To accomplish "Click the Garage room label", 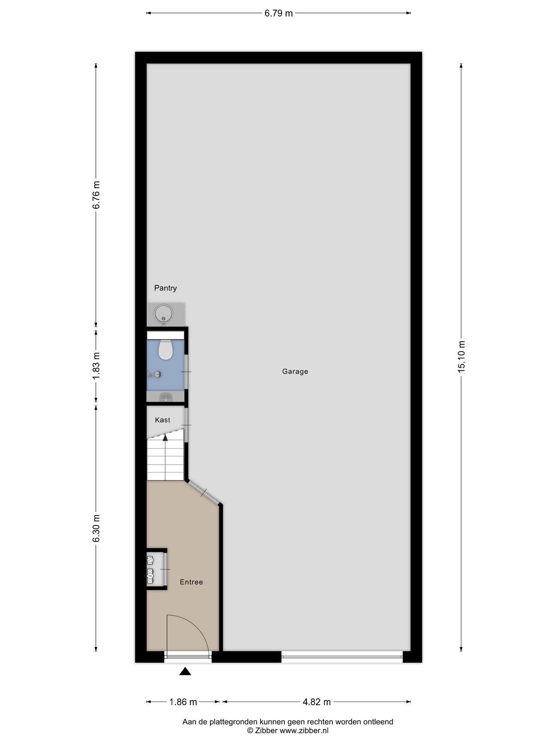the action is (x=295, y=371).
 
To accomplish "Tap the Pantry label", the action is (x=165, y=288).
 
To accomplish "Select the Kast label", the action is (x=162, y=420).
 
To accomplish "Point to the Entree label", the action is (x=191, y=582).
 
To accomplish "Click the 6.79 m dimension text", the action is (x=278, y=13).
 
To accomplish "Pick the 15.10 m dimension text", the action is (x=461, y=357).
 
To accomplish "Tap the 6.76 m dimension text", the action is (x=96, y=195).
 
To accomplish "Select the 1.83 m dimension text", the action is (x=96, y=366).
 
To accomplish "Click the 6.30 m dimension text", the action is (x=96, y=528).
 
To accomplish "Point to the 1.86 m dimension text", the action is (x=183, y=702).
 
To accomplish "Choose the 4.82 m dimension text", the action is (x=317, y=702).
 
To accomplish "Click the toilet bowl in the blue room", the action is (x=166, y=350).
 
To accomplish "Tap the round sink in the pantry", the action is (x=164, y=313).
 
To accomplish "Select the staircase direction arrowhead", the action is (x=165, y=438).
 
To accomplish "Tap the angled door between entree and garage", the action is (x=204, y=493).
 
